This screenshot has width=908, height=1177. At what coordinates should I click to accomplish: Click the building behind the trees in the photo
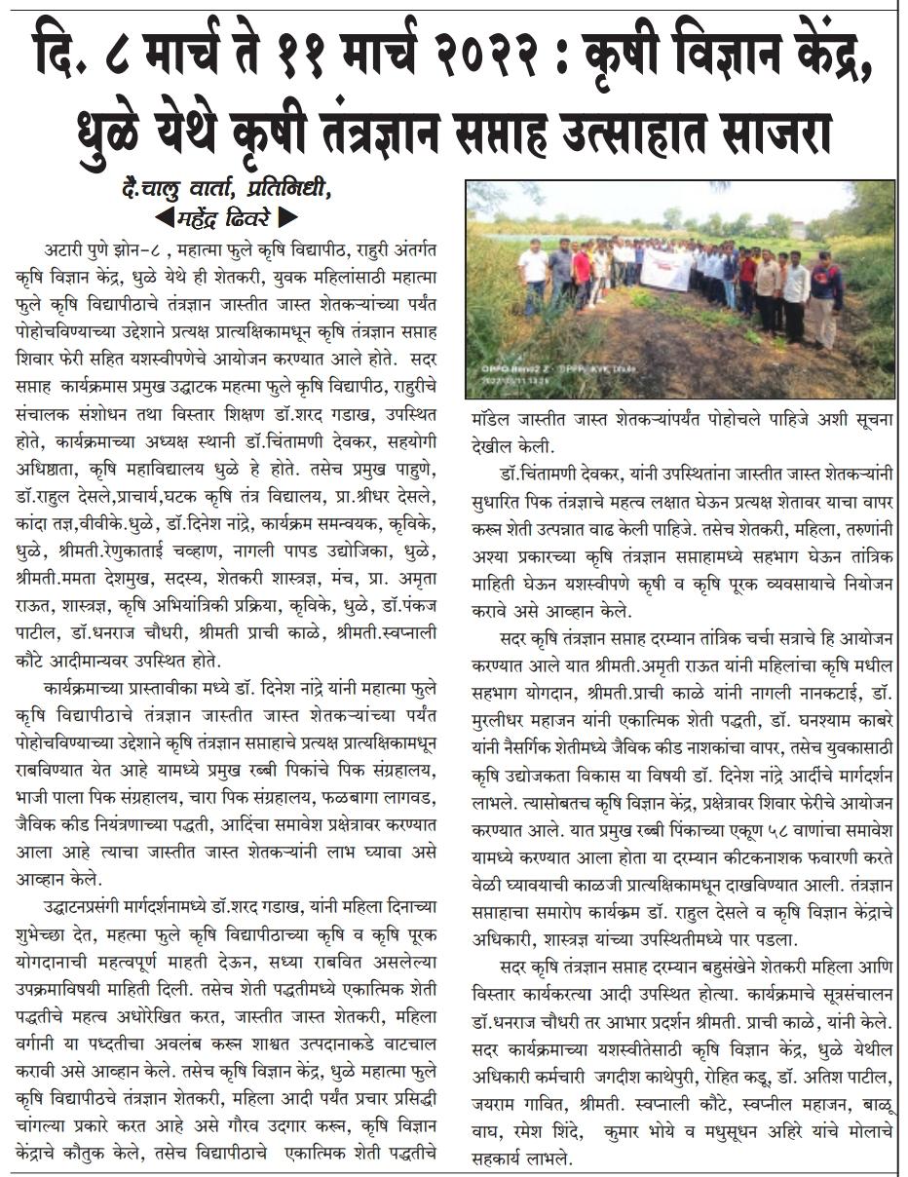click(x=799, y=231)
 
